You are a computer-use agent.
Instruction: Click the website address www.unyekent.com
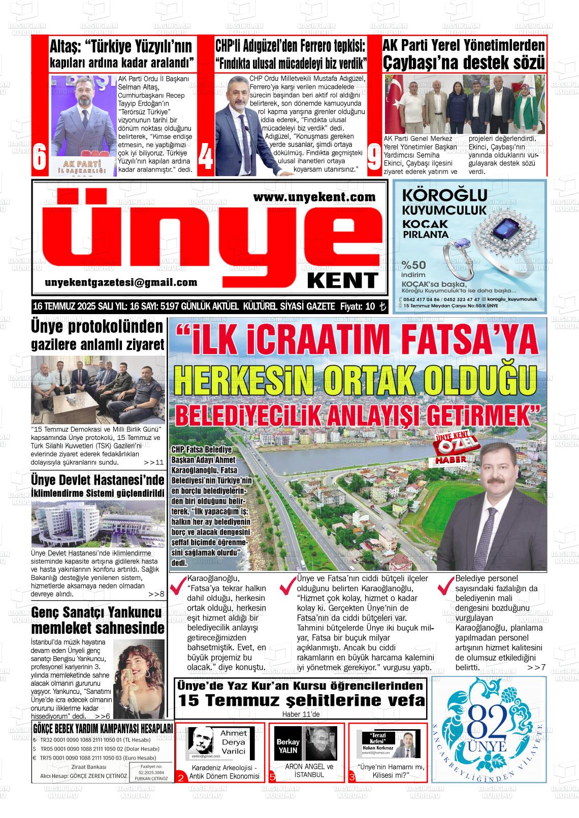(314, 196)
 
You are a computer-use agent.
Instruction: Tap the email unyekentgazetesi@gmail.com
(121, 283)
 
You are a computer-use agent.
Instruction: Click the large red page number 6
(40, 158)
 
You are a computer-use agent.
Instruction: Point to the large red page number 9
(374, 158)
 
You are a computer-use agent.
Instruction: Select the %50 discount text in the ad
(413, 264)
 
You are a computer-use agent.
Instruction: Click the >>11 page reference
(153, 462)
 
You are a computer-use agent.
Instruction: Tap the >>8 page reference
(156, 594)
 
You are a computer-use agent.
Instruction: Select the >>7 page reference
(536, 667)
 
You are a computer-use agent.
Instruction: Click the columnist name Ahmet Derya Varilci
(233, 742)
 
